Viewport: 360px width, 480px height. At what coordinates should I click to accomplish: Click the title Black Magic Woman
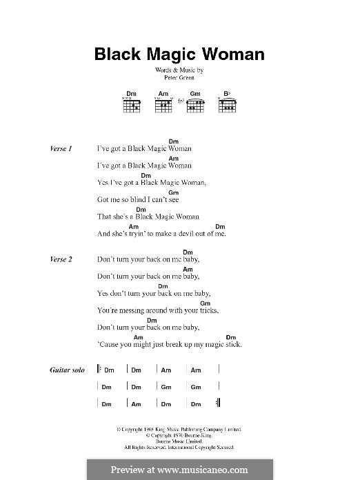pos(179,54)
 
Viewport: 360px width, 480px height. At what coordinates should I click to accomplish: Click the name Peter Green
pos(179,78)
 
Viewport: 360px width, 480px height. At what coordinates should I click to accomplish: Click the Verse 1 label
pos(61,148)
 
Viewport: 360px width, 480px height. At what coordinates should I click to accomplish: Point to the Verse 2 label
pos(61,259)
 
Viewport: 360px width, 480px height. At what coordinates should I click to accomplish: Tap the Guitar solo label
pos(67,370)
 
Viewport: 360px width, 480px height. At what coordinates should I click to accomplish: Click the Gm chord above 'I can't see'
pos(174,192)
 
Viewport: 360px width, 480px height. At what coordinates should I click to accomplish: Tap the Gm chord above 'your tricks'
pos(205,303)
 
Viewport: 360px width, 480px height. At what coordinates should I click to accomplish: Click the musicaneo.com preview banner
pos(179,470)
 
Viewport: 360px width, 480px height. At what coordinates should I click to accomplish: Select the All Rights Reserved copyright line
pos(179,448)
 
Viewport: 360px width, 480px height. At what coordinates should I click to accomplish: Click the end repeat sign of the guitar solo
pos(218,403)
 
